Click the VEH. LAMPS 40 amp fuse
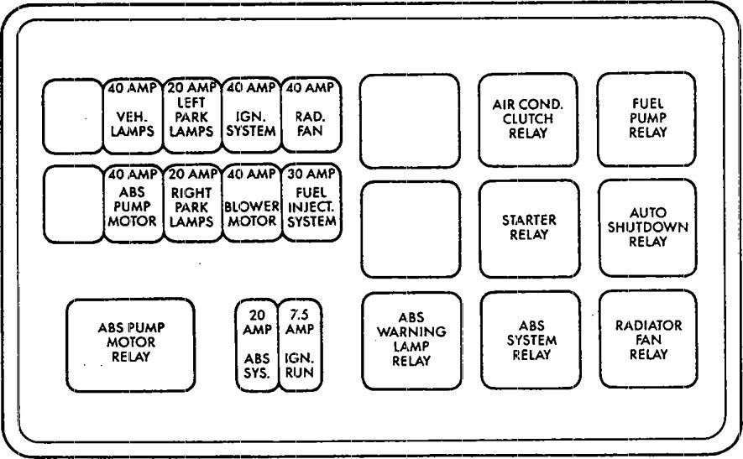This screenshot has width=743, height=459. [x=132, y=117]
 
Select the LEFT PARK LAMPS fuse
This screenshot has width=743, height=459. [x=191, y=117]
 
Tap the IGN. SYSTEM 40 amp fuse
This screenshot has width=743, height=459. [x=251, y=117]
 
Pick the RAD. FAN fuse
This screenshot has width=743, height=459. [x=310, y=117]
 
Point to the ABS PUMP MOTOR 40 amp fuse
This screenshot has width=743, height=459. [x=132, y=204]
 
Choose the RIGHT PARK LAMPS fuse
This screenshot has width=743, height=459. [x=191, y=204]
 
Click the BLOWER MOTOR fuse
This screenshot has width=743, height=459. [x=251, y=204]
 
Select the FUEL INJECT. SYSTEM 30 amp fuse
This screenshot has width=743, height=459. [x=310, y=204]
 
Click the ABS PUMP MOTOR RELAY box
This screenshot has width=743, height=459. [x=130, y=343]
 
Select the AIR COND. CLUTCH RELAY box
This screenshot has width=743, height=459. [x=528, y=119]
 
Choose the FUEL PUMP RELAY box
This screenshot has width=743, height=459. [x=647, y=119]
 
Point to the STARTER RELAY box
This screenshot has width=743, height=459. [x=529, y=227]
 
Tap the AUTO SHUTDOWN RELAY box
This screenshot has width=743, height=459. [x=647, y=227]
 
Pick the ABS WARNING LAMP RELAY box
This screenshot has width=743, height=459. [x=411, y=340]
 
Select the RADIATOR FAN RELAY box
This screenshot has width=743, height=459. [x=647, y=339]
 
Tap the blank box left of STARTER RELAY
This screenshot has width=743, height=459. [x=411, y=228]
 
